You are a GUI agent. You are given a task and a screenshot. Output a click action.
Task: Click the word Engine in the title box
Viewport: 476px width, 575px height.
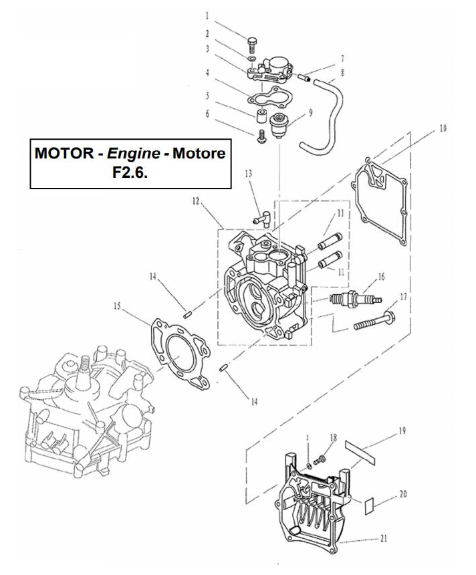[133, 154]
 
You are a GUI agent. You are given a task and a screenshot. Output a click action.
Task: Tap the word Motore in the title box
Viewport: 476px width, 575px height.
[199, 154]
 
